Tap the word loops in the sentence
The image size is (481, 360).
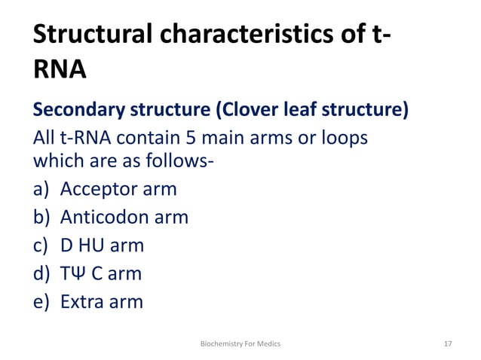[348, 139]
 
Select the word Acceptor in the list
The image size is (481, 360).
[99, 189]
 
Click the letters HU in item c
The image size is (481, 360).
[93, 245]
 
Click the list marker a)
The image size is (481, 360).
[41, 189]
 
